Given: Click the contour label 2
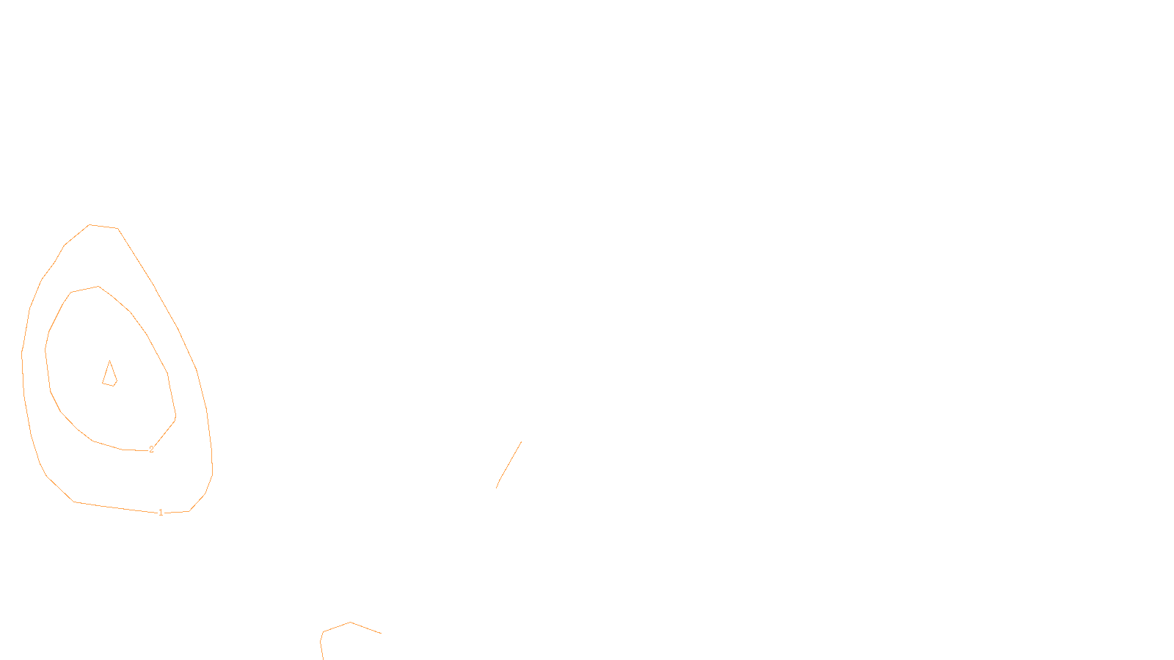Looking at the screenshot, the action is click(151, 450).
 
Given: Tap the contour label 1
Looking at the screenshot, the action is click(161, 513).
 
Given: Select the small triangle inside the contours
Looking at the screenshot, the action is click(109, 375).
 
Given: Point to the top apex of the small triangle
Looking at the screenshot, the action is click(109, 361).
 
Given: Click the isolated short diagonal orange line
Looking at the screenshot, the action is click(509, 464).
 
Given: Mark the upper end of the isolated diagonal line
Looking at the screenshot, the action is click(522, 441).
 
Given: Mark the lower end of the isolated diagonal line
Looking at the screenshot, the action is click(497, 488).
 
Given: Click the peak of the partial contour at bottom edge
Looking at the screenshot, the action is click(350, 623).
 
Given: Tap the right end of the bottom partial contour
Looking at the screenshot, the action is click(381, 633).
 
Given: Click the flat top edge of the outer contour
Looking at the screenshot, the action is click(103, 227).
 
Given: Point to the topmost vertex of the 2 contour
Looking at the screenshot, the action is click(98, 287).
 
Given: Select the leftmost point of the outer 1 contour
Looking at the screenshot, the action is click(22, 356).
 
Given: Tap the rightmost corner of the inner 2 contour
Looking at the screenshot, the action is click(175, 417).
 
